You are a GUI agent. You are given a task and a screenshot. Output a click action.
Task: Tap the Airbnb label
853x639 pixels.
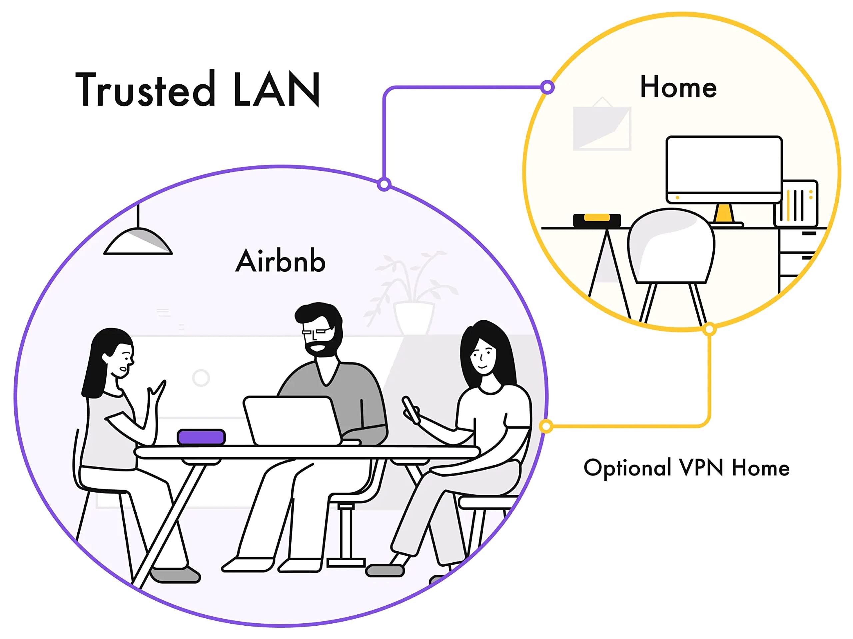pos(280,261)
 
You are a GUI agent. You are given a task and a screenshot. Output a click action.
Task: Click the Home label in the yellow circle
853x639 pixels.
pos(678,87)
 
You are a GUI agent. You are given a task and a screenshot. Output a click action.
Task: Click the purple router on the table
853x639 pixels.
pos(201,437)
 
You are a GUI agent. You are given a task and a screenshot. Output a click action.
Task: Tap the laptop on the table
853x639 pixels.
pos(292,421)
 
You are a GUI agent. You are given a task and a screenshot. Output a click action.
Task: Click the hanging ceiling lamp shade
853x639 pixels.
pos(138,242)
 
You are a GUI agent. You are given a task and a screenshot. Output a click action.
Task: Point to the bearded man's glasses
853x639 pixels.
pos(317,331)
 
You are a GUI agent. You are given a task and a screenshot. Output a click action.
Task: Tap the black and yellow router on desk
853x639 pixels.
pos(596,220)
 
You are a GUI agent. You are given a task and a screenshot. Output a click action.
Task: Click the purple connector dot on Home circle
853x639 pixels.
pos(547,87)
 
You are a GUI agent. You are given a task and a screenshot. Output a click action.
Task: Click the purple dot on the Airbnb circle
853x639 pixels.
pos(384,184)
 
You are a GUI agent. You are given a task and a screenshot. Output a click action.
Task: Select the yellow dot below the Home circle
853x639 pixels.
pos(709,330)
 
